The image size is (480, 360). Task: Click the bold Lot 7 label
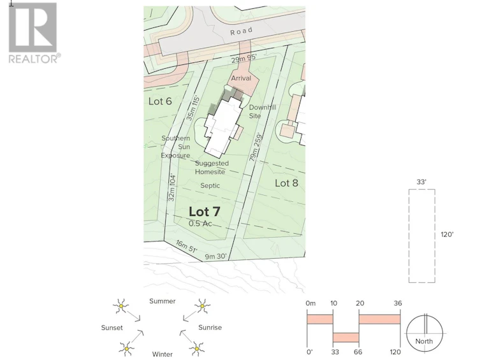tap(204, 212)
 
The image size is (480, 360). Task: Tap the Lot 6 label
tap(160, 101)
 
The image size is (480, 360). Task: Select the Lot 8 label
tap(286, 183)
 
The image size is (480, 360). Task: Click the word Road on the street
tap(242, 31)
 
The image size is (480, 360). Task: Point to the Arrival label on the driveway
tap(241, 78)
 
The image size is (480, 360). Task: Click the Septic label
tap(210, 185)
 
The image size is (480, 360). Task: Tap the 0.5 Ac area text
tap(200, 224)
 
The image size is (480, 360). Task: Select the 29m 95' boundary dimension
tap(244, 58)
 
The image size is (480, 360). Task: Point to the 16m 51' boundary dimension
tap(186, 246)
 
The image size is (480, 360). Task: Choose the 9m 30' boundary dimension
tap(215, 256)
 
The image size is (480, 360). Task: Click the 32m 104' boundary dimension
tap(171, 187)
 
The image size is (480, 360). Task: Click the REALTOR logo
tap(33, 32)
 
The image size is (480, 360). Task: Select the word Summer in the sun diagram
tap(163, 301)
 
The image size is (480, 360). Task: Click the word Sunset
tap(112, 328)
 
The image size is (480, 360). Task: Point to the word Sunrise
tap(210, 328)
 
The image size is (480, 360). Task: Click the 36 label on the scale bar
tap(398, 303)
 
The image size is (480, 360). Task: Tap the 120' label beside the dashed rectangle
tap(447, 234)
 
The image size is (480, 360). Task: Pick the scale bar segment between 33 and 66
tap(346, 337)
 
